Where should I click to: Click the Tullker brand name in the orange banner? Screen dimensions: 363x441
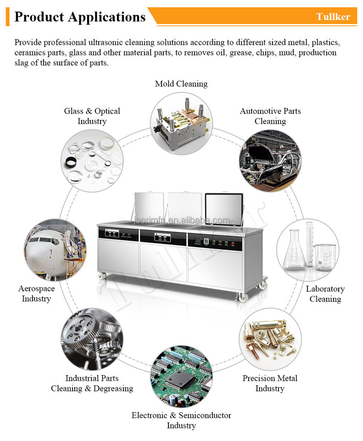click(333, 17)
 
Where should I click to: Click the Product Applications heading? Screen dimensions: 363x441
click(80, 17)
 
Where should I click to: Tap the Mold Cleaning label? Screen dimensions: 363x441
click(181, 84)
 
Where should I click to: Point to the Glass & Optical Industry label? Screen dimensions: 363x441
click(92, 116)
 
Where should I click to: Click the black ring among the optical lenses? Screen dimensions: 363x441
click(71, 162)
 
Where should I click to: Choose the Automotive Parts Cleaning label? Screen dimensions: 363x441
click(270, 116)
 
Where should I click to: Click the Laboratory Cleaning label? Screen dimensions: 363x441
click(325, 294)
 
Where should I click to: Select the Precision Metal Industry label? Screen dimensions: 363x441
click(270, 383)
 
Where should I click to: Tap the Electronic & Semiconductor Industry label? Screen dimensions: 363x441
click(181, 420)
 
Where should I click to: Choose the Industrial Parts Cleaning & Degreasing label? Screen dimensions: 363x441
click(92, 383)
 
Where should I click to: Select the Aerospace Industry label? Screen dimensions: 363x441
click(36, 294)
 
